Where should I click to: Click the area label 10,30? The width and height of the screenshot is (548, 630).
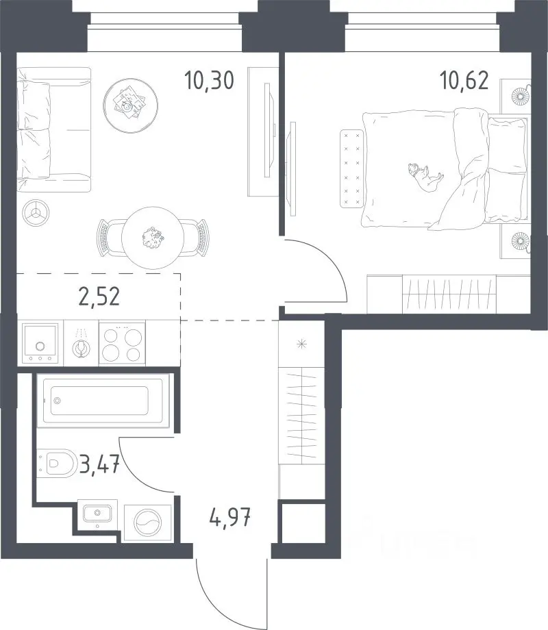[x=209, y=80]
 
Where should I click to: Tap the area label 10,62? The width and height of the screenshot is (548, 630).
[x=464, y=80]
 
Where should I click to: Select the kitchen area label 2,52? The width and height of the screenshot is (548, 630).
[x=99, y=297]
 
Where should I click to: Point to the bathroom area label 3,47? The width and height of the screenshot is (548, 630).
[x=99, y=465]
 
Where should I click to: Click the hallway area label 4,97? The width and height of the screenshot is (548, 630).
[x=230, y=517]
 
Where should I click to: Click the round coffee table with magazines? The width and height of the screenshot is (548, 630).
[x=130, y=105]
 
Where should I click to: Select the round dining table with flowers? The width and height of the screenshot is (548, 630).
[x=153, y=238]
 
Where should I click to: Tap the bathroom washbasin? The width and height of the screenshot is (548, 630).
[x=97, y=514]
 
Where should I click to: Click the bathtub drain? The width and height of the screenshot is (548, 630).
[x=57, y=400]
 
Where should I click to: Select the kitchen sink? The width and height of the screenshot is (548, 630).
[x=40, y=342]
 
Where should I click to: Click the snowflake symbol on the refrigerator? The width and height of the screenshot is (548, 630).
[x=301, y=344]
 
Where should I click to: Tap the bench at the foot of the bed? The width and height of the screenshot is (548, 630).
[x=352, y=168]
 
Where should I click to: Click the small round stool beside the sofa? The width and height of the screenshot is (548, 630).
[x=36, y=213]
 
